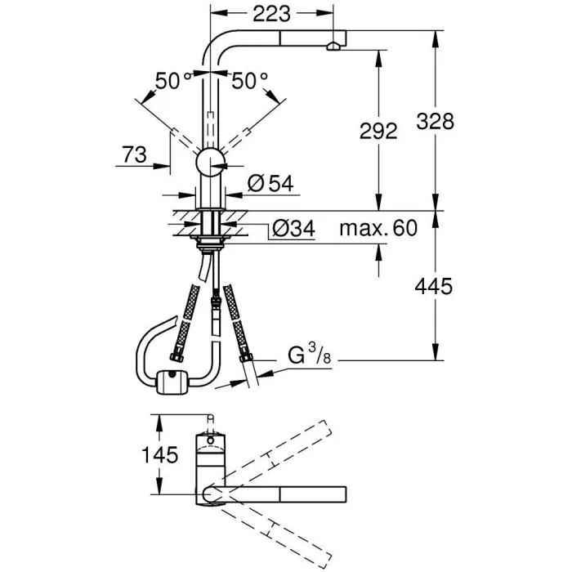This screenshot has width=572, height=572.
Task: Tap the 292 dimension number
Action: pos(378,131)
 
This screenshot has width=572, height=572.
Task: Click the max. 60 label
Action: pos(378,228)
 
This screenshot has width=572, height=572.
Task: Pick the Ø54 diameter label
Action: pos(269,185)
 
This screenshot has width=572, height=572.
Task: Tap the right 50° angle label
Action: pos(249,80)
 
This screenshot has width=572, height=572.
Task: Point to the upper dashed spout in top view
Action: pos(278,454)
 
